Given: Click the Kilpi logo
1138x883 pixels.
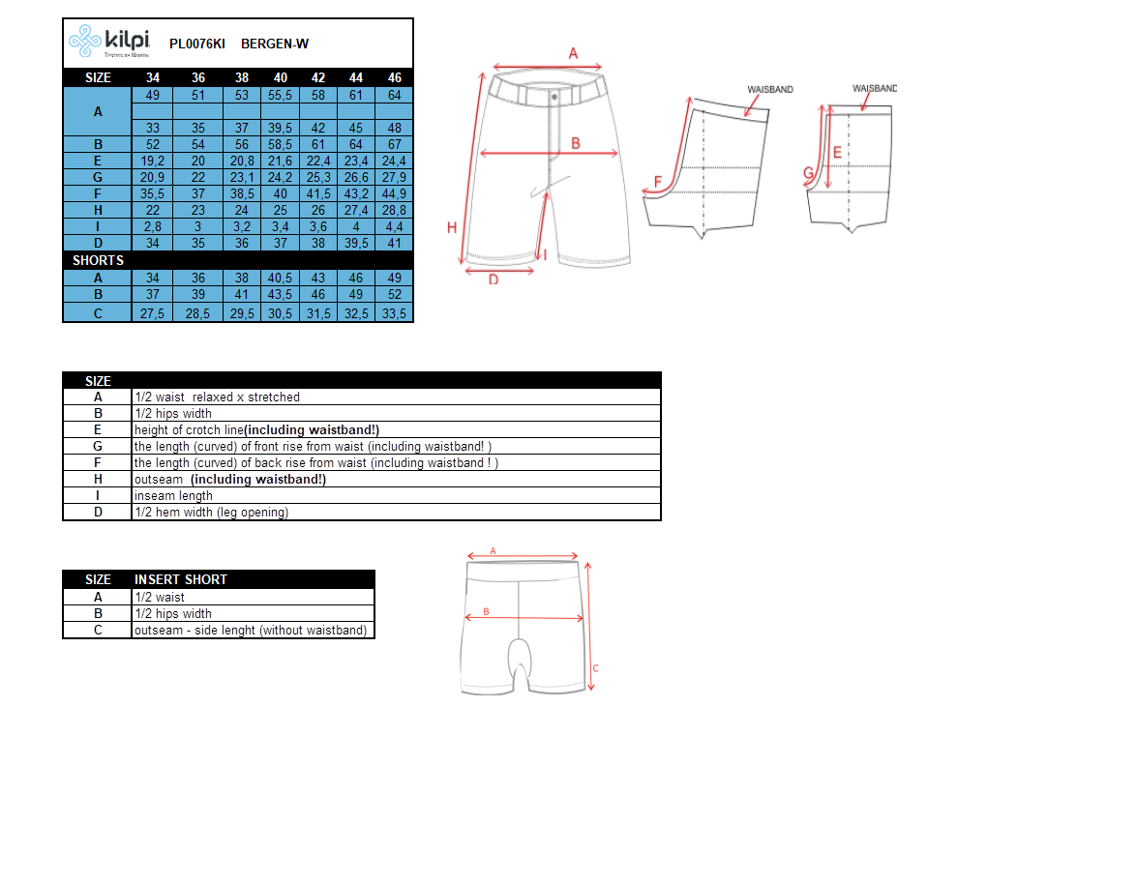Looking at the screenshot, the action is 109,42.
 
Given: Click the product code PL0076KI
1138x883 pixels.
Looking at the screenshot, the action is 196,44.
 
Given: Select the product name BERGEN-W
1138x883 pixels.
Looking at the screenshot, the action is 275,44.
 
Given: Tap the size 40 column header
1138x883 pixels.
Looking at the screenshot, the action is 281,77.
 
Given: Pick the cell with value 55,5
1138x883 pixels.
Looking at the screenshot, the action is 281,95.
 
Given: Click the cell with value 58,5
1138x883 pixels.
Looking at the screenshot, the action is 281,144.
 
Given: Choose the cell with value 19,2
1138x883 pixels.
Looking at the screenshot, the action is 153,162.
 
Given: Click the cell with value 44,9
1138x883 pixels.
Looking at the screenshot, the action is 394,193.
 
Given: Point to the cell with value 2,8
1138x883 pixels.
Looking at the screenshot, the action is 153,226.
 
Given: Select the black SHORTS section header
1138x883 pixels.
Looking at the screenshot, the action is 98,260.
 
